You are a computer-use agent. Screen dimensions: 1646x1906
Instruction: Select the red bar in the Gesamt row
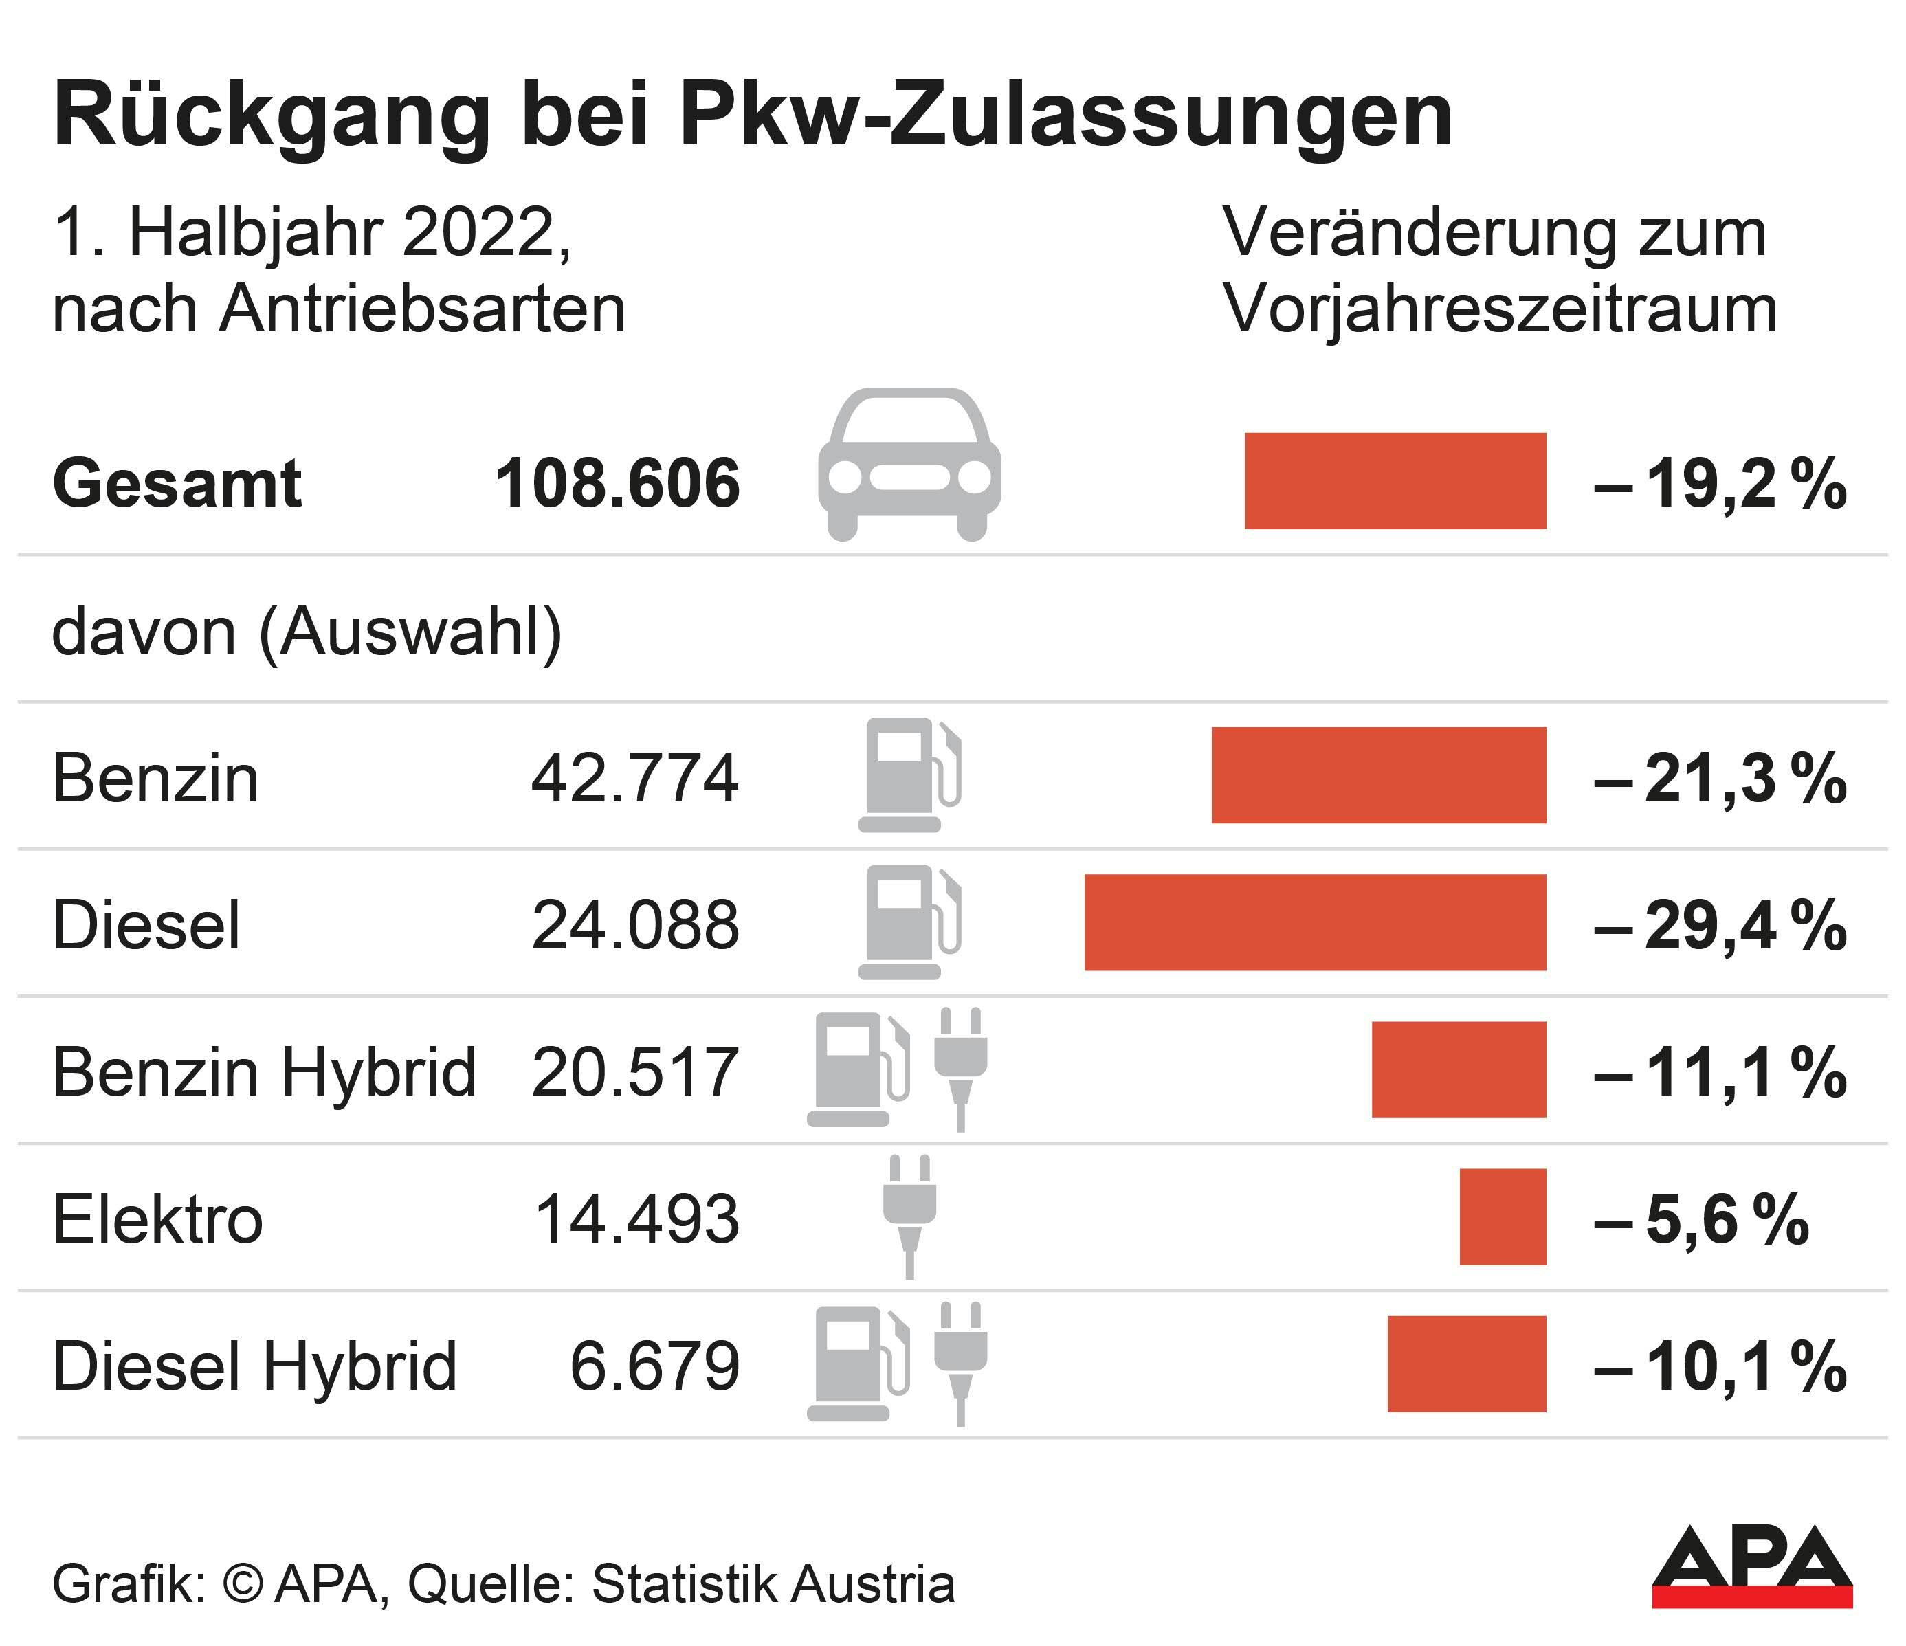1395,481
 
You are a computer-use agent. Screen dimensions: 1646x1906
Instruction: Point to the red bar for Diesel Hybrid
1466,1364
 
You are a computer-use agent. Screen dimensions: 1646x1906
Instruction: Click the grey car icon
909,465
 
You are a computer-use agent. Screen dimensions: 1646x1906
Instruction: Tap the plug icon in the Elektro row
909,1216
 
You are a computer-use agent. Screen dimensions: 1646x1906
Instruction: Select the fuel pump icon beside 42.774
909,775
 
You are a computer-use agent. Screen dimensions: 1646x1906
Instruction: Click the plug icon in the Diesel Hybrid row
960,1363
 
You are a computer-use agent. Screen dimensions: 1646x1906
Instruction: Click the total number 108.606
617,484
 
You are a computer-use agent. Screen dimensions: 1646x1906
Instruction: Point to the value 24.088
634,925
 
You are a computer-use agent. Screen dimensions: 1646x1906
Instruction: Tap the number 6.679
654,1366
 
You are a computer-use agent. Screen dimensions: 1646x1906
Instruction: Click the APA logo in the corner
1751,1579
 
